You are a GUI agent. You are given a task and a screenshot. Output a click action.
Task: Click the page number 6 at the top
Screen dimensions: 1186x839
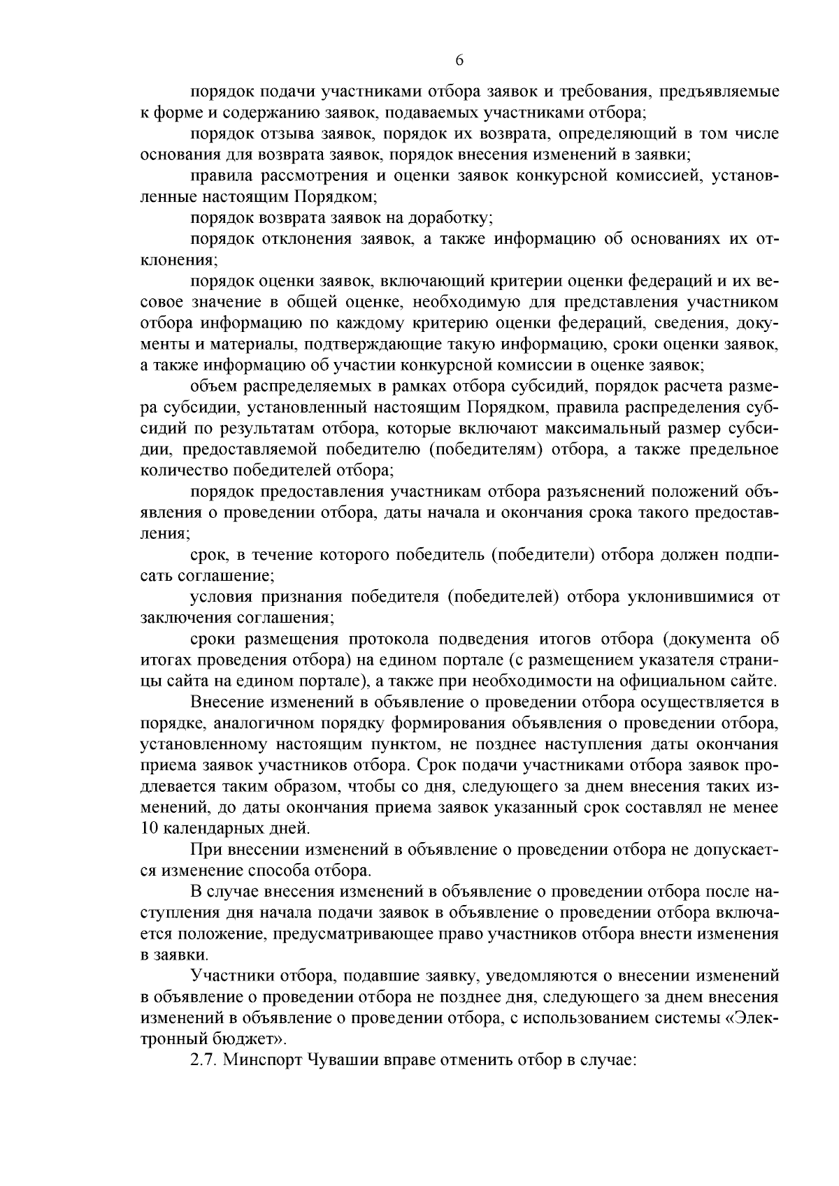tap(459, 60)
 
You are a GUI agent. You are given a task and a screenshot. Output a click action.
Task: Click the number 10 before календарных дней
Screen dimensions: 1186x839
tap(149, 829)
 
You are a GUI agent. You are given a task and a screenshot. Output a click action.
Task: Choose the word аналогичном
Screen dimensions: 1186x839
tap(288, 722)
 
